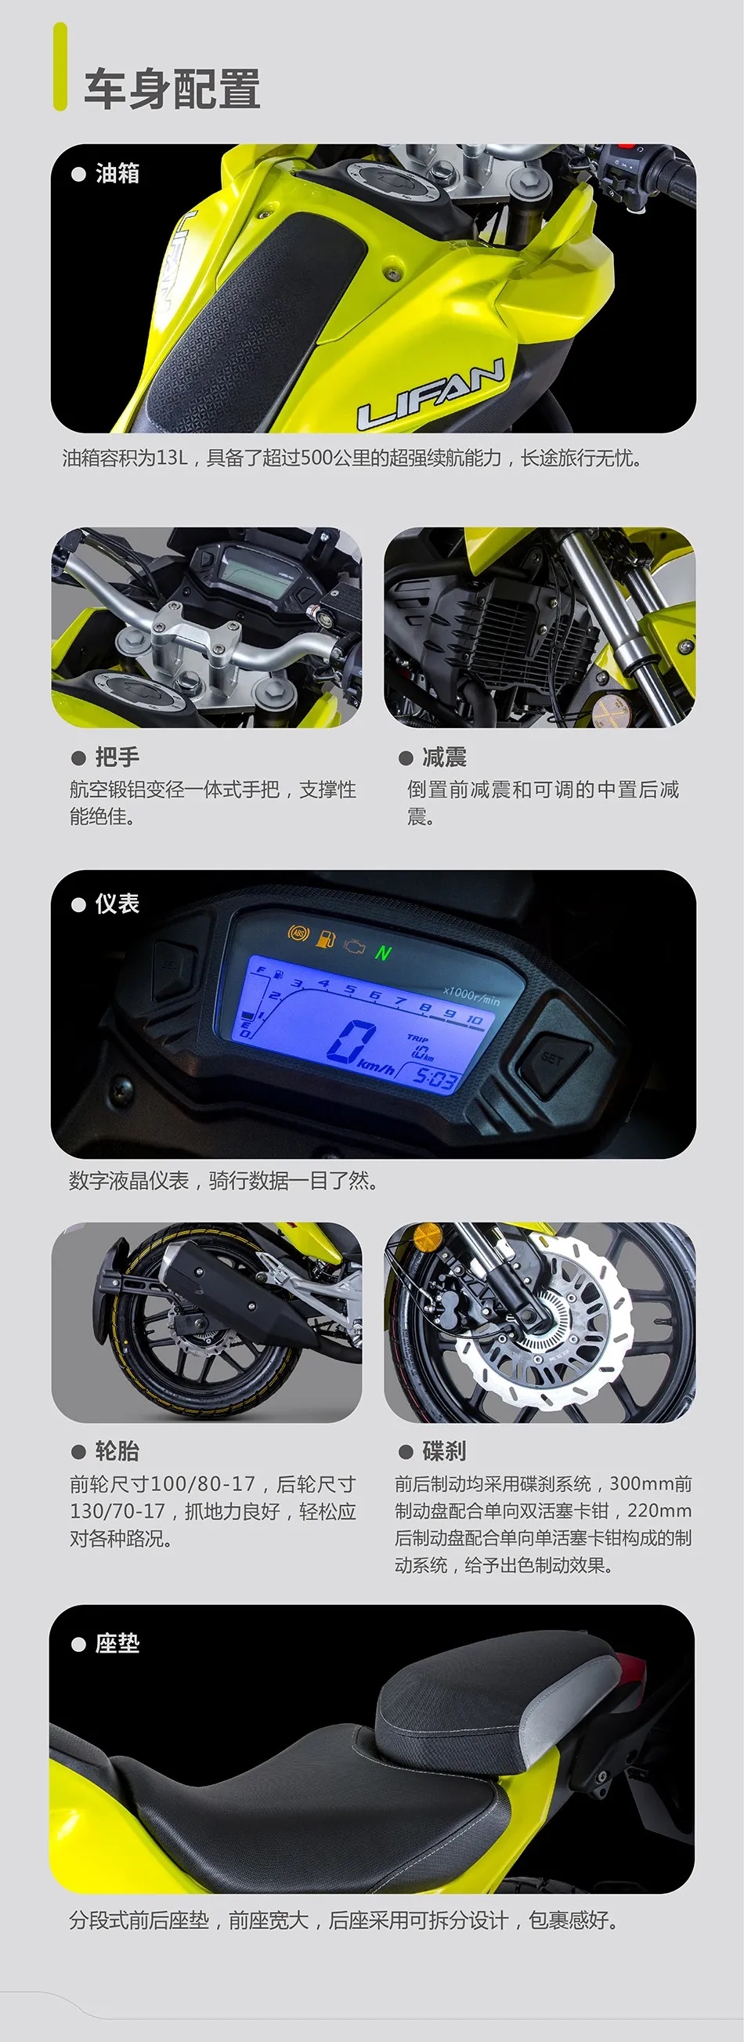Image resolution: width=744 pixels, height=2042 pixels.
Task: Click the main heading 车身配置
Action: click(172, 88)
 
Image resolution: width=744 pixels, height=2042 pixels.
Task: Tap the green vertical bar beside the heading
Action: click(60, 67)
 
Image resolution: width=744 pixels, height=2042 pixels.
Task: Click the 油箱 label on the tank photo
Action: click(117, 173)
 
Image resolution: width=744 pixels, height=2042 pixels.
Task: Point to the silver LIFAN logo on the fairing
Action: click(432, 393)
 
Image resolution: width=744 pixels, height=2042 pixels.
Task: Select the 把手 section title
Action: click(117, 757)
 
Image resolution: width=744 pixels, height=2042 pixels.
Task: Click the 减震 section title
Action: click(445, 757)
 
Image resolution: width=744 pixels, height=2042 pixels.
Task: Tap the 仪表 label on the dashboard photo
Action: click(117, 903)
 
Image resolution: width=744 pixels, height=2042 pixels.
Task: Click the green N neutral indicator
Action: click(384, 952)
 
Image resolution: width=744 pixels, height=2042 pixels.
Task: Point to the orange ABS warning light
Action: click(298, 933)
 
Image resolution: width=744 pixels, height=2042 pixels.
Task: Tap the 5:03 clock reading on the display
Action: click(435, 1079)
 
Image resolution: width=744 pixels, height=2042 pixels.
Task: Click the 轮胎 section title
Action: click(117, 1450)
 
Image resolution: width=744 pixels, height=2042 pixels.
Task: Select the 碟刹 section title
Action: click(445, 1450)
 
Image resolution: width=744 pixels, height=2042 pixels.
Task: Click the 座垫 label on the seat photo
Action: click(117, 1643)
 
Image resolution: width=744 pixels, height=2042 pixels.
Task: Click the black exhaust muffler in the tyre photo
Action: click(226, 1284)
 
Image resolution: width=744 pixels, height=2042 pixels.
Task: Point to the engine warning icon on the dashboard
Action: click(354, 945)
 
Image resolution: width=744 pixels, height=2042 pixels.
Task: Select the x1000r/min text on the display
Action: click(472, 996)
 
